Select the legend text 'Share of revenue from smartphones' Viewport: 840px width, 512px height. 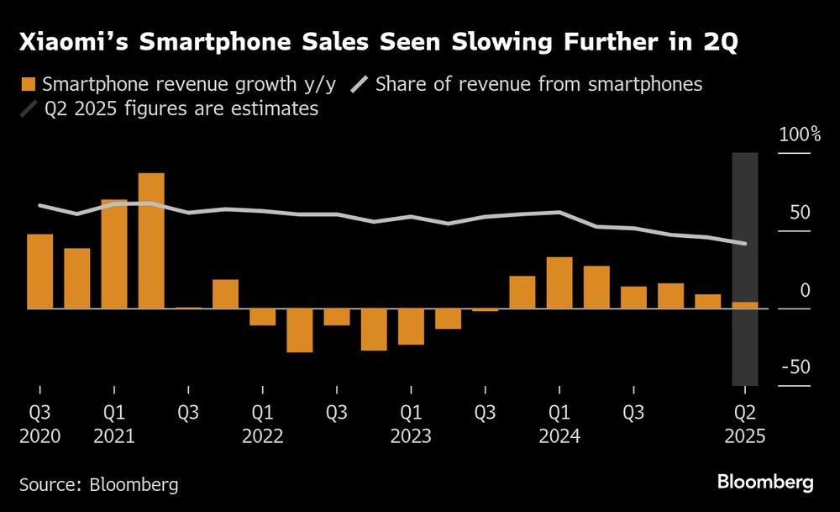538,84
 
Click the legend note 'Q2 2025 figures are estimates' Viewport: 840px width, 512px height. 181,109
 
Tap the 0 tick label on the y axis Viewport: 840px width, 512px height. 805,290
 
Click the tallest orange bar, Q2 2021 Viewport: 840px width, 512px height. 151,240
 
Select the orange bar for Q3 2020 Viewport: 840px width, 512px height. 40,271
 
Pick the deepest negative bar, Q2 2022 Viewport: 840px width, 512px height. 299,330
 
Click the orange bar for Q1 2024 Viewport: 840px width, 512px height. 559,282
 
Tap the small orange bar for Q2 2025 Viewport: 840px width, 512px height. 745,305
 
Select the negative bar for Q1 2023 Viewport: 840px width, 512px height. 411,327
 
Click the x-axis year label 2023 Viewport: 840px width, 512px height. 411,436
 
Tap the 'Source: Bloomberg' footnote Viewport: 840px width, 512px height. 99,484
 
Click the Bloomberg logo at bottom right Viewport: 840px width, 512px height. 765,483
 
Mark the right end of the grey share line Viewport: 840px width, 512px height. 745,244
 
